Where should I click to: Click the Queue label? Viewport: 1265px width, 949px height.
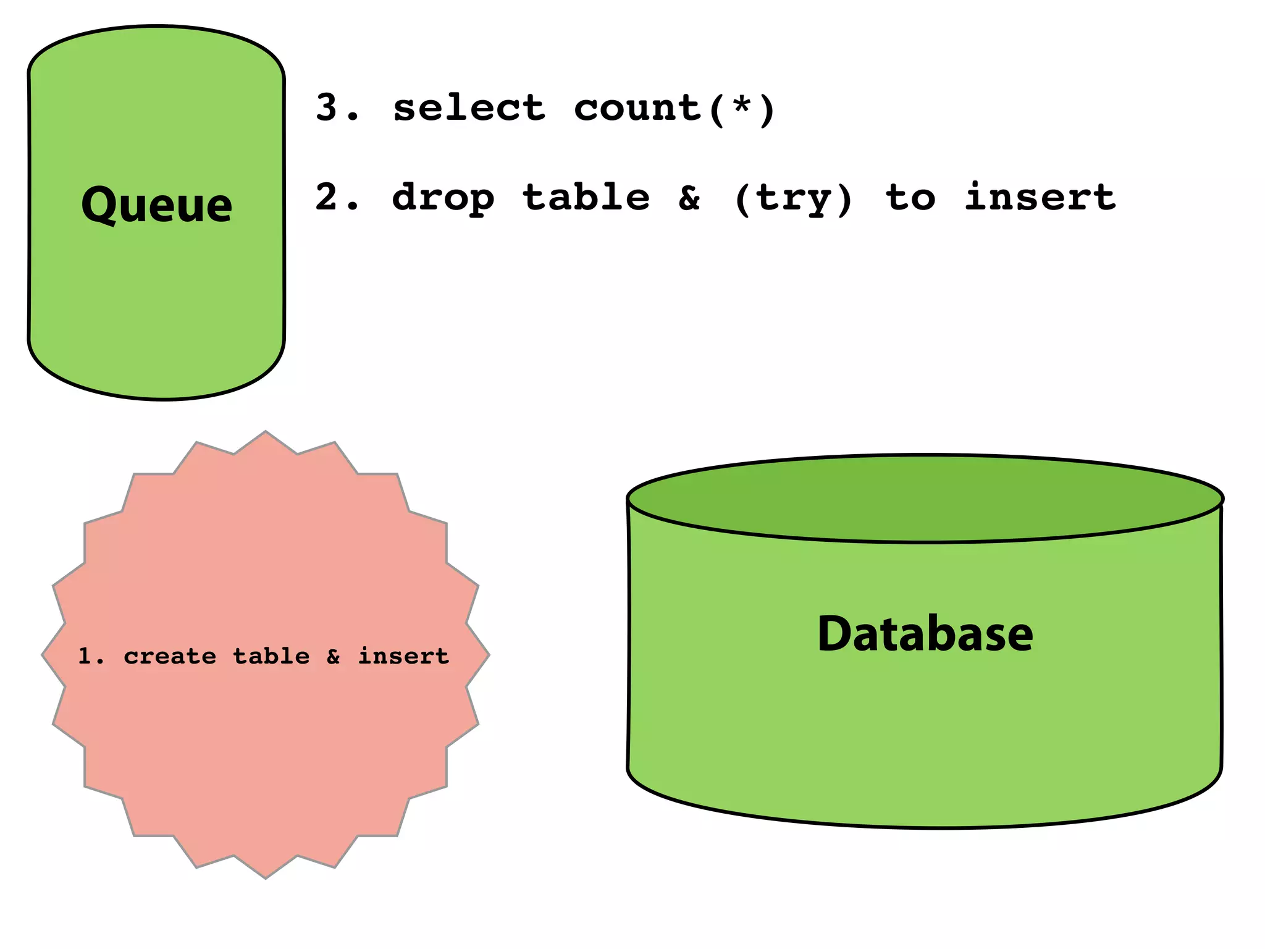coord(157,205)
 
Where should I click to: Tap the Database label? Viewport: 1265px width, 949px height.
coord(925,635)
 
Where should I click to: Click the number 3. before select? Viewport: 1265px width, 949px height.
coord(336,108)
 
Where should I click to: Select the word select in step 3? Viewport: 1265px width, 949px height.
coord(469,108)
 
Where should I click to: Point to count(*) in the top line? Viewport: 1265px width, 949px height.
coord(674,109)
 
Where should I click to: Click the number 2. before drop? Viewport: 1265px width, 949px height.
coord(336,197)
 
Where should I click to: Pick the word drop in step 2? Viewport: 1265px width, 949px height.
coord(443,198)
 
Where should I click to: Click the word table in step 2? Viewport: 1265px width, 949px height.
coord(586,197)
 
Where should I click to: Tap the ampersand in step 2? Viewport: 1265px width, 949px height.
coord(689,198)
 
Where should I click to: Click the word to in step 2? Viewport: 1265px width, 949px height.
coord(910,198)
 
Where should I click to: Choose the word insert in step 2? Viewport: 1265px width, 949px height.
coord(1040,197)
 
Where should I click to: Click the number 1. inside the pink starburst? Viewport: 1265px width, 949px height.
coord(90,656)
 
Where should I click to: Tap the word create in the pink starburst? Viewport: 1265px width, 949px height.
coord(170,656)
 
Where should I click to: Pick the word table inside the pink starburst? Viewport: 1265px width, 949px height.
coord(271,656)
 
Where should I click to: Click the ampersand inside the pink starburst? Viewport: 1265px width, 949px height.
coord(334,656)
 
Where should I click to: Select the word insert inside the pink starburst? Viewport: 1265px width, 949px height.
coord(404,656)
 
